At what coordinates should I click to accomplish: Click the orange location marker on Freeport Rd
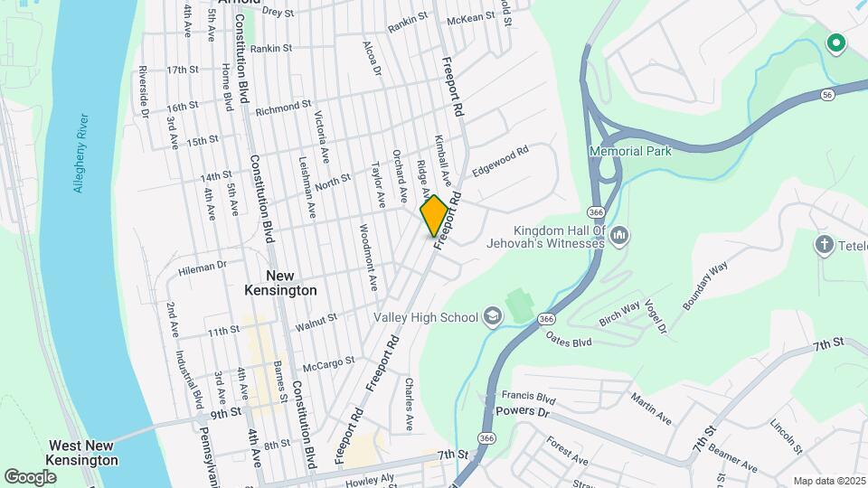click(434, 216)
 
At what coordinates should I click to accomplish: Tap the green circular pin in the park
click(836, 42)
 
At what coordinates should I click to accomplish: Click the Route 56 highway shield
click(827, 94)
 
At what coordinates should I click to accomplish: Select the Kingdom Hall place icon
click(620, 236)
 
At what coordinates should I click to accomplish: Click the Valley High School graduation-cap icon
click(492, 316)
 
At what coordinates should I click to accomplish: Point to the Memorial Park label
click(631, 151)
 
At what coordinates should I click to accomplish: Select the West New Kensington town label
click(82, 453)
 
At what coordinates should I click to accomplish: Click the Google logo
click(30, 476)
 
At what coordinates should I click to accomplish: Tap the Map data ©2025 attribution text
click(828, 481)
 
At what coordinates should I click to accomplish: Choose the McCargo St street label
click(328, 363)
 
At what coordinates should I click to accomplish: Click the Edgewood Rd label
click(499, 162)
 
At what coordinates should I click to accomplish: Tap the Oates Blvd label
click(569, 340)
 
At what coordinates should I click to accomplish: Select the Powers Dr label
click(524, 411)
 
